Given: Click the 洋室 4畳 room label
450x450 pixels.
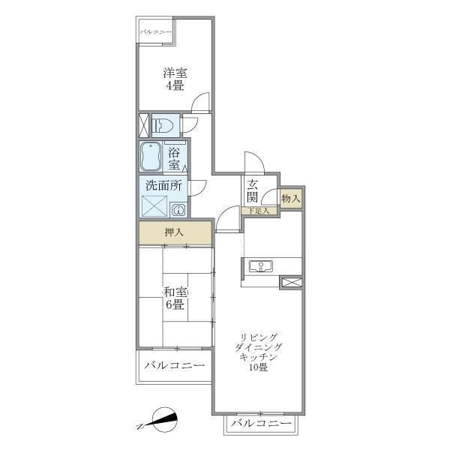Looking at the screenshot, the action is click(175, 79).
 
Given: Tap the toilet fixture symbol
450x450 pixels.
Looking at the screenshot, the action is click(163, 126).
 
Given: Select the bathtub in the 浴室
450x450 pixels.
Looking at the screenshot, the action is click(150, 157).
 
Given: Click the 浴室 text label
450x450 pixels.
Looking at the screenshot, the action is click(175, 159).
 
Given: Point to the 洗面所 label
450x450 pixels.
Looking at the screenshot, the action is click(163, 186).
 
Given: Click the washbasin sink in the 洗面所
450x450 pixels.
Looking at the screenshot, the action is click(178, 210).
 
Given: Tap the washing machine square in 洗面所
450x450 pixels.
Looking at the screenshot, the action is click(154, 206).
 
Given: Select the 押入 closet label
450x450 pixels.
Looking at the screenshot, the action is click(174, 232).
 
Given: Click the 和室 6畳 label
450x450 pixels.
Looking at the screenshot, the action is click(175, 298).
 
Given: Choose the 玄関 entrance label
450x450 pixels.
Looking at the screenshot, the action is click(253, 191).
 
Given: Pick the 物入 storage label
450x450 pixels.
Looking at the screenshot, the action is click(291, 198).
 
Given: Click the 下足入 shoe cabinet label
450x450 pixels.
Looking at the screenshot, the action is click(259, 211).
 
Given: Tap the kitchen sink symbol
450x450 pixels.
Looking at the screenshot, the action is click(260, 266).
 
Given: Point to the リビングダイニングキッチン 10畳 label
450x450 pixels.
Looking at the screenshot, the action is click(259, 352).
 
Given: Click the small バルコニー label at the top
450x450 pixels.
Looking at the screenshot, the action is click(156, 31).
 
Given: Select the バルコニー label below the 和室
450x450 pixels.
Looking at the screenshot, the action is click(175, 366).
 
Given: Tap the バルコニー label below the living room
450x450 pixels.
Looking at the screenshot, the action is click(262, 423).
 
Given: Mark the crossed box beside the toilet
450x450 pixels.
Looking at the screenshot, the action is click(144, 125).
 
